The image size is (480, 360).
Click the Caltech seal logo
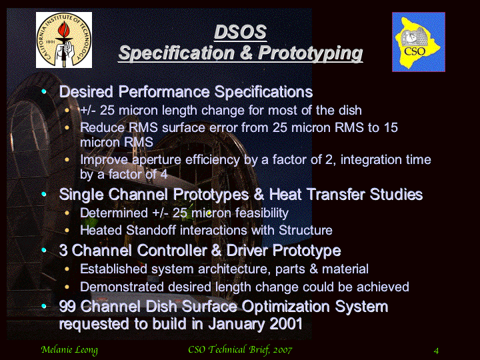pyautogui.click(x=64, y=40)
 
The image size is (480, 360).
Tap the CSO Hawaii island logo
pyautogui.click(x=419, y=42)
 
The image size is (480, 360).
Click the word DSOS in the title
pyautogui.click(x=240, y=32)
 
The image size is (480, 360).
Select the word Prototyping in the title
pyautogui.click(x=311, y=53)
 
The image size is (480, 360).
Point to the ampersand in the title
pyautogui.click(x=246, y=53)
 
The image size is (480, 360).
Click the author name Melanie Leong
pyautogui.click(x=69, y=350)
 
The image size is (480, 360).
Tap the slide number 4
pyautogui.click(x=436, y=351)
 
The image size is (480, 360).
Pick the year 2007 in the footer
pyautogui.click(x=283, y=349)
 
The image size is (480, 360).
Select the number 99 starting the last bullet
pyautogui.click(x=67, y=306)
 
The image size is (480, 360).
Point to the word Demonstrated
pyautogui.click(x=122, y=287)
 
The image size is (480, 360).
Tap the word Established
pyautogui.click(x=113, y=269)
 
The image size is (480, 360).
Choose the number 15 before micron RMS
pyautogui.click(x=391, y=127)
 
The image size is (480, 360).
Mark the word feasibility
pyautogui.click(x=262, y=213)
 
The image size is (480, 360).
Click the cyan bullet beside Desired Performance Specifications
pyautogui.click(x=44, y=91)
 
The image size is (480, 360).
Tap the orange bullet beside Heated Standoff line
pyautogui.click(x=67, y=230)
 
